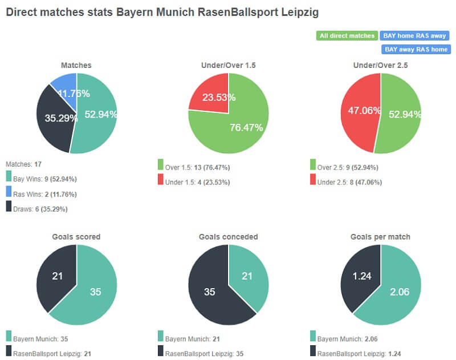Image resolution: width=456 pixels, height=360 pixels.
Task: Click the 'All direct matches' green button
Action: pos(347,36)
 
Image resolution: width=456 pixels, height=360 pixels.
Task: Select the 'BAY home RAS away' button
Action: pos(415,36)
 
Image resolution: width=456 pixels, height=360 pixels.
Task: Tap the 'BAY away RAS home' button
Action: pos(416,50)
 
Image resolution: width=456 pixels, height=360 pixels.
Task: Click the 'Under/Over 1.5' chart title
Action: pos(229,66)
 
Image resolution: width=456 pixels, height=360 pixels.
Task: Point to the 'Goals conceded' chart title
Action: pos(229,237)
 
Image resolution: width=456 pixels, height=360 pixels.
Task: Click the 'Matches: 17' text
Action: pos(22,164)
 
